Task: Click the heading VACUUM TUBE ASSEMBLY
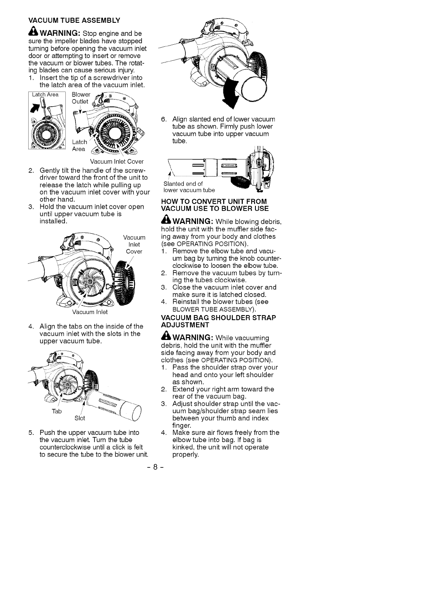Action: pos(74,20)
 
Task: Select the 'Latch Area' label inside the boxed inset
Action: pos(46,94)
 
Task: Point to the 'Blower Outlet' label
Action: pos(81,98)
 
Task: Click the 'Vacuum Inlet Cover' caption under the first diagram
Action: pos(117,162)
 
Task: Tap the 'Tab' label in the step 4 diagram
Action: pos(57,411)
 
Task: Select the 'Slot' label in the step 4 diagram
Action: pos(80,418)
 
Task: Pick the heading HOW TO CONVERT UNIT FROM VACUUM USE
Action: pos(215,205)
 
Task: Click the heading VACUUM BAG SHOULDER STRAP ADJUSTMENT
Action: pos(218,321)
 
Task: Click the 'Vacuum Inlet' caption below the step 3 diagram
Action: pos(90,312)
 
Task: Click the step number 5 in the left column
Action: pos(31,433)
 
